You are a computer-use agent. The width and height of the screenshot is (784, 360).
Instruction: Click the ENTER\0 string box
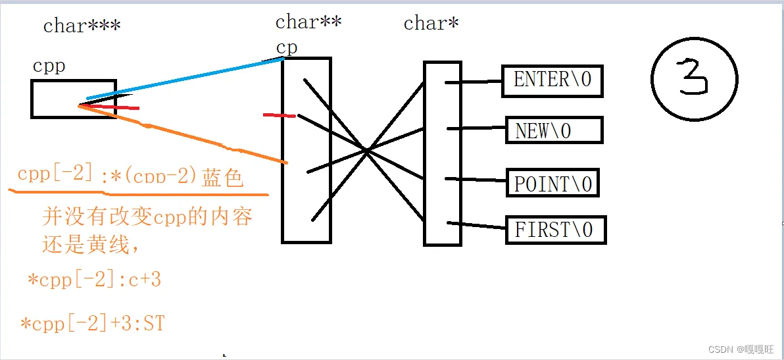tap(552, 80)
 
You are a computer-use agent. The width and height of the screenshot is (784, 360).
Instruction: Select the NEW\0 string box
tap(553, 130)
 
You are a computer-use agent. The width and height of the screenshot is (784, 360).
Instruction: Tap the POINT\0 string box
tap(552, 183)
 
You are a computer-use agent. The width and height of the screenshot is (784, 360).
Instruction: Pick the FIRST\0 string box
tap(554, 230)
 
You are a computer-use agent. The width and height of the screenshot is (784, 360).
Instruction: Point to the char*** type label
tap(82, 26)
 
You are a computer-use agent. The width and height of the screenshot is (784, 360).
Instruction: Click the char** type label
tap(308, 22)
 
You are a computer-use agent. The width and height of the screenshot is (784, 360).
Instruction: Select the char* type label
tap(431, 24)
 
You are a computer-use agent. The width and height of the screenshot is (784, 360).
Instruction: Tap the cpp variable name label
tap(49, 66)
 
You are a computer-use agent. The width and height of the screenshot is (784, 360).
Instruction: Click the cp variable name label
tap(287, 48)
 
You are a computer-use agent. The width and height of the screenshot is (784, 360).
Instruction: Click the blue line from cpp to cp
tap(184, 79)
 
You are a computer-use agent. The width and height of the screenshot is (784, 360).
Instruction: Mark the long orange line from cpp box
tap(184, 134)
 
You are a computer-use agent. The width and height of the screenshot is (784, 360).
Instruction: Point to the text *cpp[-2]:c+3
tap(94, 280)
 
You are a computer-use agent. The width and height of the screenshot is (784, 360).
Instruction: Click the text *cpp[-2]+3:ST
tap(92, 324)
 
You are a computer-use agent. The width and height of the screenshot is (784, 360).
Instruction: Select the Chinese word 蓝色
tap(223, 178)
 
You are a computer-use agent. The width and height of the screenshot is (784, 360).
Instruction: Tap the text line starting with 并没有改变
tap(147, 217)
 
